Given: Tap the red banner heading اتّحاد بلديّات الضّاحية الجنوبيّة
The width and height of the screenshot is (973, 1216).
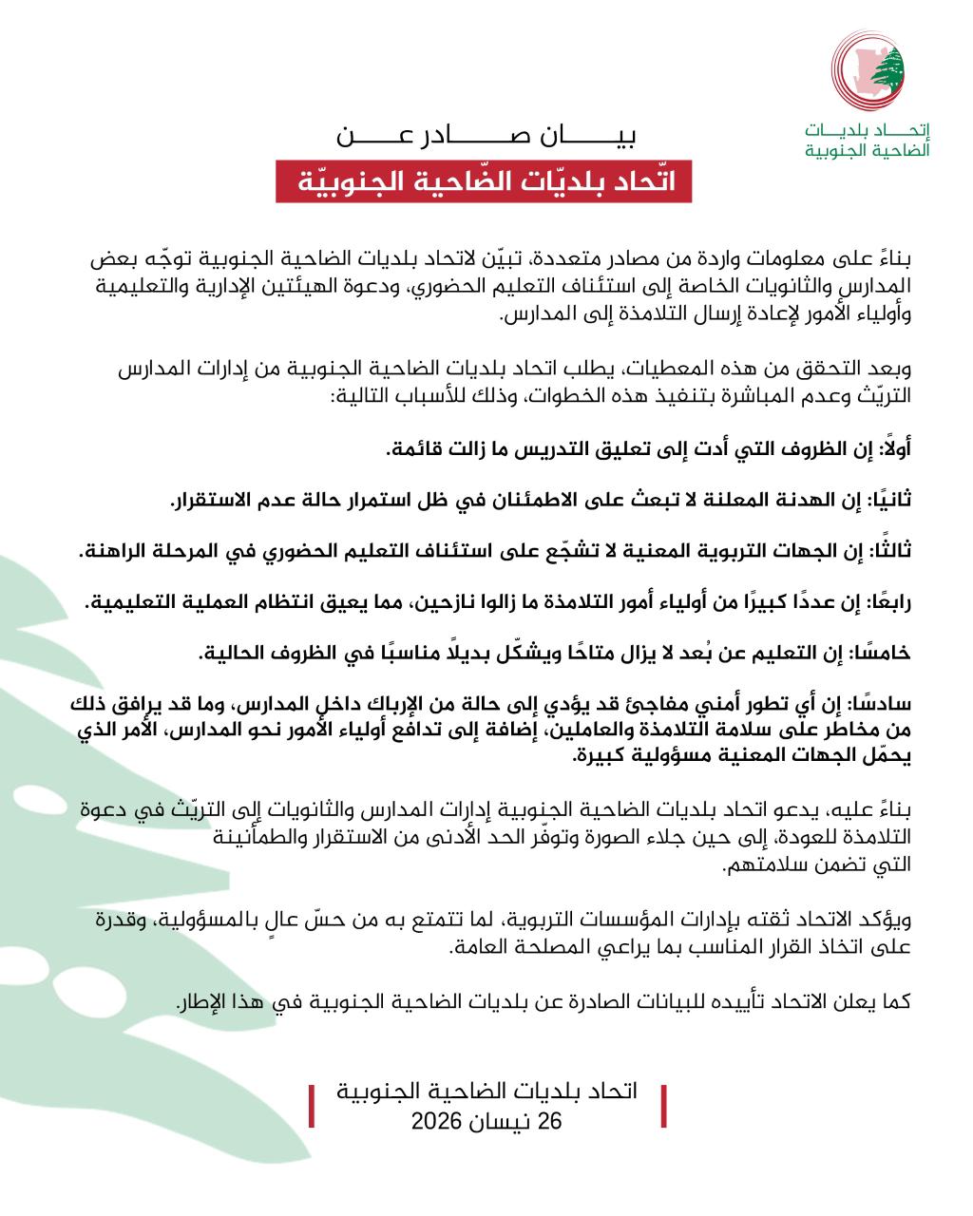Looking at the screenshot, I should click(483, 181).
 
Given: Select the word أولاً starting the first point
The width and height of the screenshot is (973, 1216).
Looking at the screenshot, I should click(894, 448).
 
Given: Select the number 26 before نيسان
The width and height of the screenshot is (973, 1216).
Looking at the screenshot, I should click(551, 1122).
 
